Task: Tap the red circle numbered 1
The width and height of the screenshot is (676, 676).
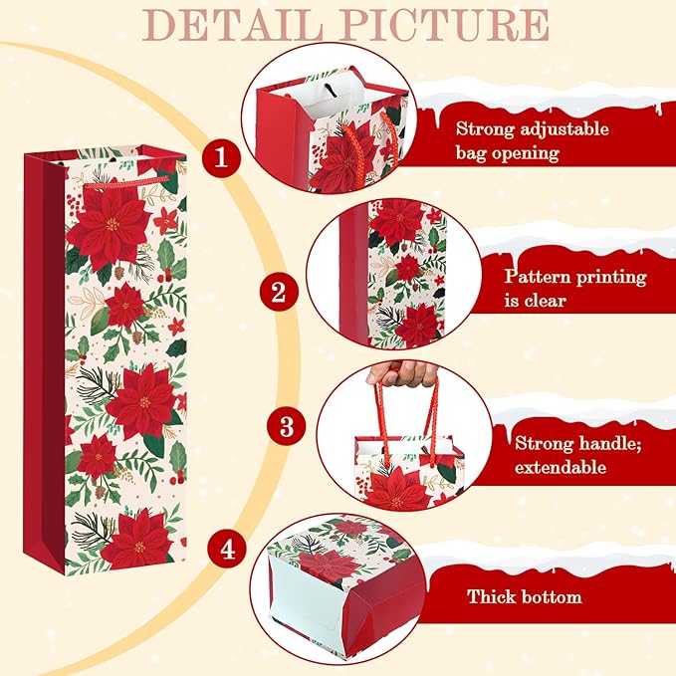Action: coord(220,155)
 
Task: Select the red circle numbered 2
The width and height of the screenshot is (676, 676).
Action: coord(279,292)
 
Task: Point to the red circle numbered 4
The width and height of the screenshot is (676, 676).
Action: coord(228,549)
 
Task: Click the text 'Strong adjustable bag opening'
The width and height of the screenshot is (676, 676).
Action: coord(532,141)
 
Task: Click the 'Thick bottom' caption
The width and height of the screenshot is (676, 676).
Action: coord(525,597)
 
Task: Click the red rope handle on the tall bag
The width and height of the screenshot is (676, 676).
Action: coord(125,184)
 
